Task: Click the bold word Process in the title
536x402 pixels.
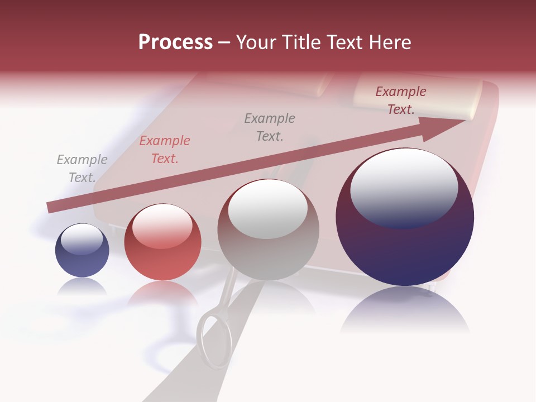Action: [x=175, y=42]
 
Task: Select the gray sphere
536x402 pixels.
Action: [x=269, y=229]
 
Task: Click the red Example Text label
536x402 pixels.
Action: [x=165, y=150]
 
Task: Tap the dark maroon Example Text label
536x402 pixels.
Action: [x=401, y=100]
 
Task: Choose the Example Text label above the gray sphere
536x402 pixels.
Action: [x=270, y=127]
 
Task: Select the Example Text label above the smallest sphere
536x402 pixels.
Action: [x=82, y=169]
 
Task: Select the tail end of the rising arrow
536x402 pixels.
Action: [x=51, y=207]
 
